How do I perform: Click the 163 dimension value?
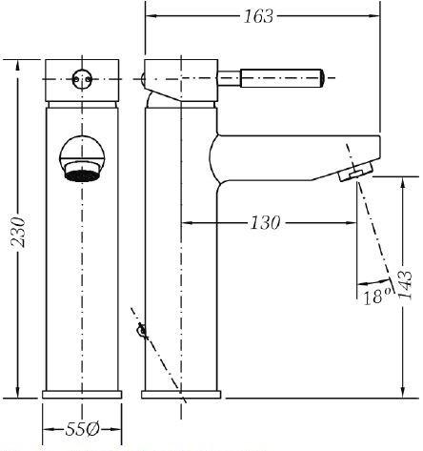258,16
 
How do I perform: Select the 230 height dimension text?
18,232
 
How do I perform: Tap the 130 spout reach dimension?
266,222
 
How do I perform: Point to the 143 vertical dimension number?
406,284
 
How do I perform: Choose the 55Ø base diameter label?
82,429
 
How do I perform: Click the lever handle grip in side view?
282,78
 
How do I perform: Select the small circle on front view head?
82,79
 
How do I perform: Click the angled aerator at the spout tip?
356,172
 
